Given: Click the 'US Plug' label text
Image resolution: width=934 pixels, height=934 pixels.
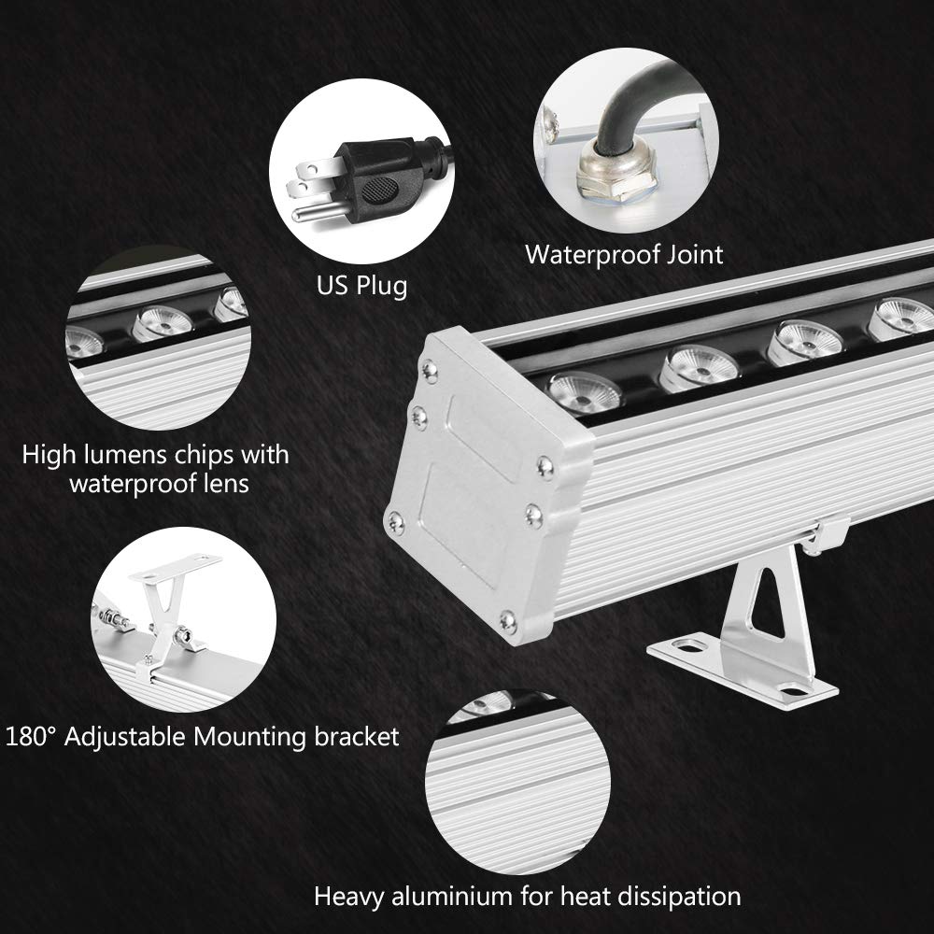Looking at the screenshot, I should click(x=361, y=285).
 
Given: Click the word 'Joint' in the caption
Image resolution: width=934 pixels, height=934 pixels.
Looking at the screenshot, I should click(x=686, y=254).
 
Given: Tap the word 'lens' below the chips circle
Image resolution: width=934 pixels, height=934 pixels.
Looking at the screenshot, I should click(x=223, y=484).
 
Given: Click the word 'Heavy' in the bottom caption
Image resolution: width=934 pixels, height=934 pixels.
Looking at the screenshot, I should click(x=351, y=897).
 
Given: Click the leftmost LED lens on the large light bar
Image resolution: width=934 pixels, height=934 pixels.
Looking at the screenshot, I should click(x=585, y=390).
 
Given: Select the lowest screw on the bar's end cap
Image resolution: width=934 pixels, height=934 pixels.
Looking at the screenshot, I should click(x=507, y=620).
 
